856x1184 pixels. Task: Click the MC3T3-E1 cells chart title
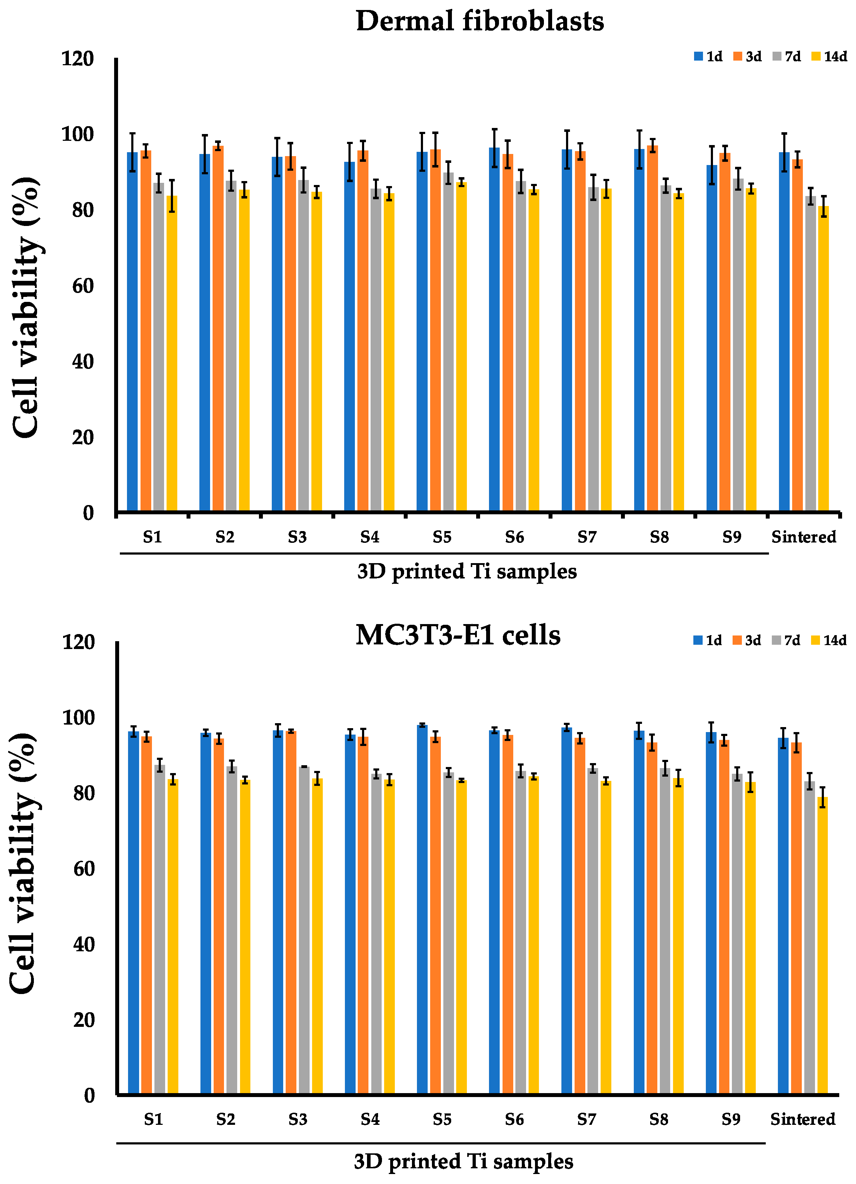coord(458,635)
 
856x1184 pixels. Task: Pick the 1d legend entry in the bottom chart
coord(708,640)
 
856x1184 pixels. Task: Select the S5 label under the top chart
coord(442,537)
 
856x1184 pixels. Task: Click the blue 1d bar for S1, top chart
coord(133,334)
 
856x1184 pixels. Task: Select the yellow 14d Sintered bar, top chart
coord(823,360)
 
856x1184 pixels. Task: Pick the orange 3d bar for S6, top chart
coord(508,334)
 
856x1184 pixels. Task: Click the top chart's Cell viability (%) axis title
coord(26,308)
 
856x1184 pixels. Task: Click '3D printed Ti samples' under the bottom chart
coord(463,1162)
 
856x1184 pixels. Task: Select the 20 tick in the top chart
coord(82,437)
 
